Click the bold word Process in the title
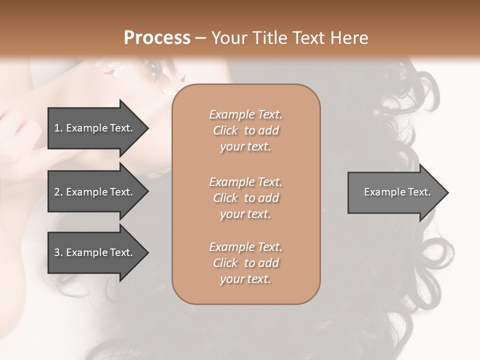[157, 37]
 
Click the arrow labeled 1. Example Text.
[95, 128]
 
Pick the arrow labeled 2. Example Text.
[95, 192]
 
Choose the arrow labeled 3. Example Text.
[95, 253]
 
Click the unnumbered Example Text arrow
[395, 192]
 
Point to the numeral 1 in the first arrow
[57, 128]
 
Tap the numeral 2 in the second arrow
[57, 192]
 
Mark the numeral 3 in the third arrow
[57, 253]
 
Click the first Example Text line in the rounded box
[245, 114]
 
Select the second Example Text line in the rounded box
[245, 182]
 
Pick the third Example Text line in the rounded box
[245, 247]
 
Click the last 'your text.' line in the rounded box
[245, 279]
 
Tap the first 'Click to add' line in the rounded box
[245, 130]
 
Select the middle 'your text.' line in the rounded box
[245, 214]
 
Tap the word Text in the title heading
[306, 38]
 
